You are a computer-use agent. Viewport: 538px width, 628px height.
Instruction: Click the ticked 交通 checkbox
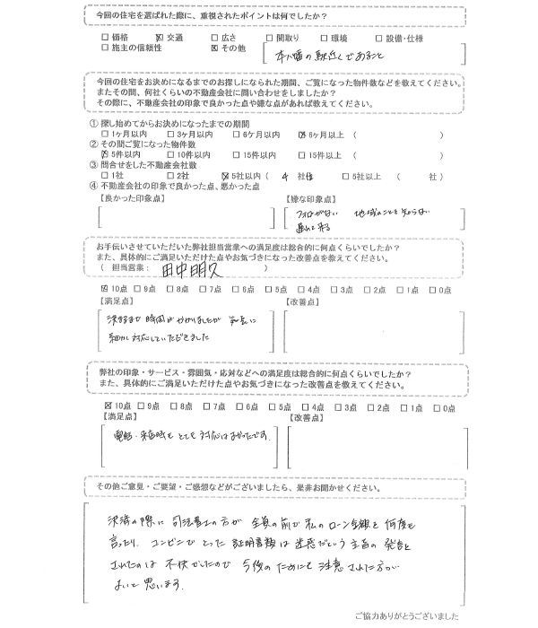pyautogui.click(x=161, y=38)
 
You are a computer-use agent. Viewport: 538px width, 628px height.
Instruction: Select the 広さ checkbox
pyautogui.click(x=213, y=38)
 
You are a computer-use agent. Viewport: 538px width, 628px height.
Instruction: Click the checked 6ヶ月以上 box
pyautogui.click(x=302, y=134)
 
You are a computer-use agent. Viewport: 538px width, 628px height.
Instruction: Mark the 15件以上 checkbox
pyautogui.click(x=302, y=154)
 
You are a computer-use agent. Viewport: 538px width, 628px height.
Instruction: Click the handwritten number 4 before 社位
pyautogui.click(x=284, y=175)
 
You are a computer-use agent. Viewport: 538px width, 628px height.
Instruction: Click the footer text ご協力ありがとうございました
pyautogui.click(x=409, y=617)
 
